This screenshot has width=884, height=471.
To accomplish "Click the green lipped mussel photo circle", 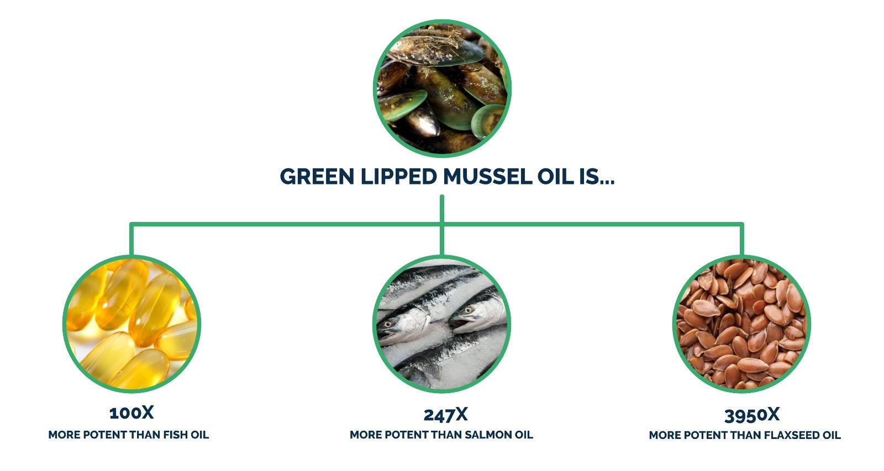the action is [442, 88].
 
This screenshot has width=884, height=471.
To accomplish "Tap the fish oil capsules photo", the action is [132, 324].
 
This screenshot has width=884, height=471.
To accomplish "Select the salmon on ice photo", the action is [442, 324].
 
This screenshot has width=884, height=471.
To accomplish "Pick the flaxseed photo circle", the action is [742, 324].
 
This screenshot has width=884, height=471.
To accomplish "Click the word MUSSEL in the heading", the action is [488, 176].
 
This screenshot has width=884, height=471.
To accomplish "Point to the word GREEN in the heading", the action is [317, 176].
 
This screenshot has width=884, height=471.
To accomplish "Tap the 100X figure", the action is [131, 413].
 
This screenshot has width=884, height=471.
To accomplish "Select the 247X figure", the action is [445, 415].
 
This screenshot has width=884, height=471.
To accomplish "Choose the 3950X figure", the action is [752, 415].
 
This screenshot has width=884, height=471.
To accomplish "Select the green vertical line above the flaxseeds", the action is [742, 240].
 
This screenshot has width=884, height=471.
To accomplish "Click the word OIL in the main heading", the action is [555, 176].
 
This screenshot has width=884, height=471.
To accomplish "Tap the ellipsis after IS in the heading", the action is [607, 182].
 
